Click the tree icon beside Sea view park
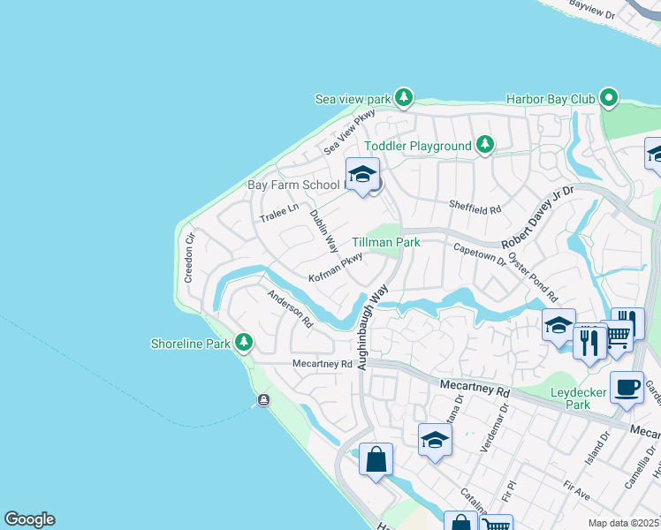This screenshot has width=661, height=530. [404, 97]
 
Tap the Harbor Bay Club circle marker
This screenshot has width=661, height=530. [608, 97]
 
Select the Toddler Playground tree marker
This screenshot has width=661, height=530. [484, 144]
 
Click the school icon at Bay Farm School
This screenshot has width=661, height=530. [362, 174]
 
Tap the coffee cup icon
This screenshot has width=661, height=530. [627, 387]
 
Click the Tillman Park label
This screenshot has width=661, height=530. [385, 241]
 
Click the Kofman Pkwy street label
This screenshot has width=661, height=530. [336, 267]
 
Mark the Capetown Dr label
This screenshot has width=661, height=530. [479, 256]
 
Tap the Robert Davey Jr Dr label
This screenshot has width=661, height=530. [537, 216]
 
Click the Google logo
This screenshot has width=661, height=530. [29, 519]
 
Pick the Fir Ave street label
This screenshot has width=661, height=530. [575, 486]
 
